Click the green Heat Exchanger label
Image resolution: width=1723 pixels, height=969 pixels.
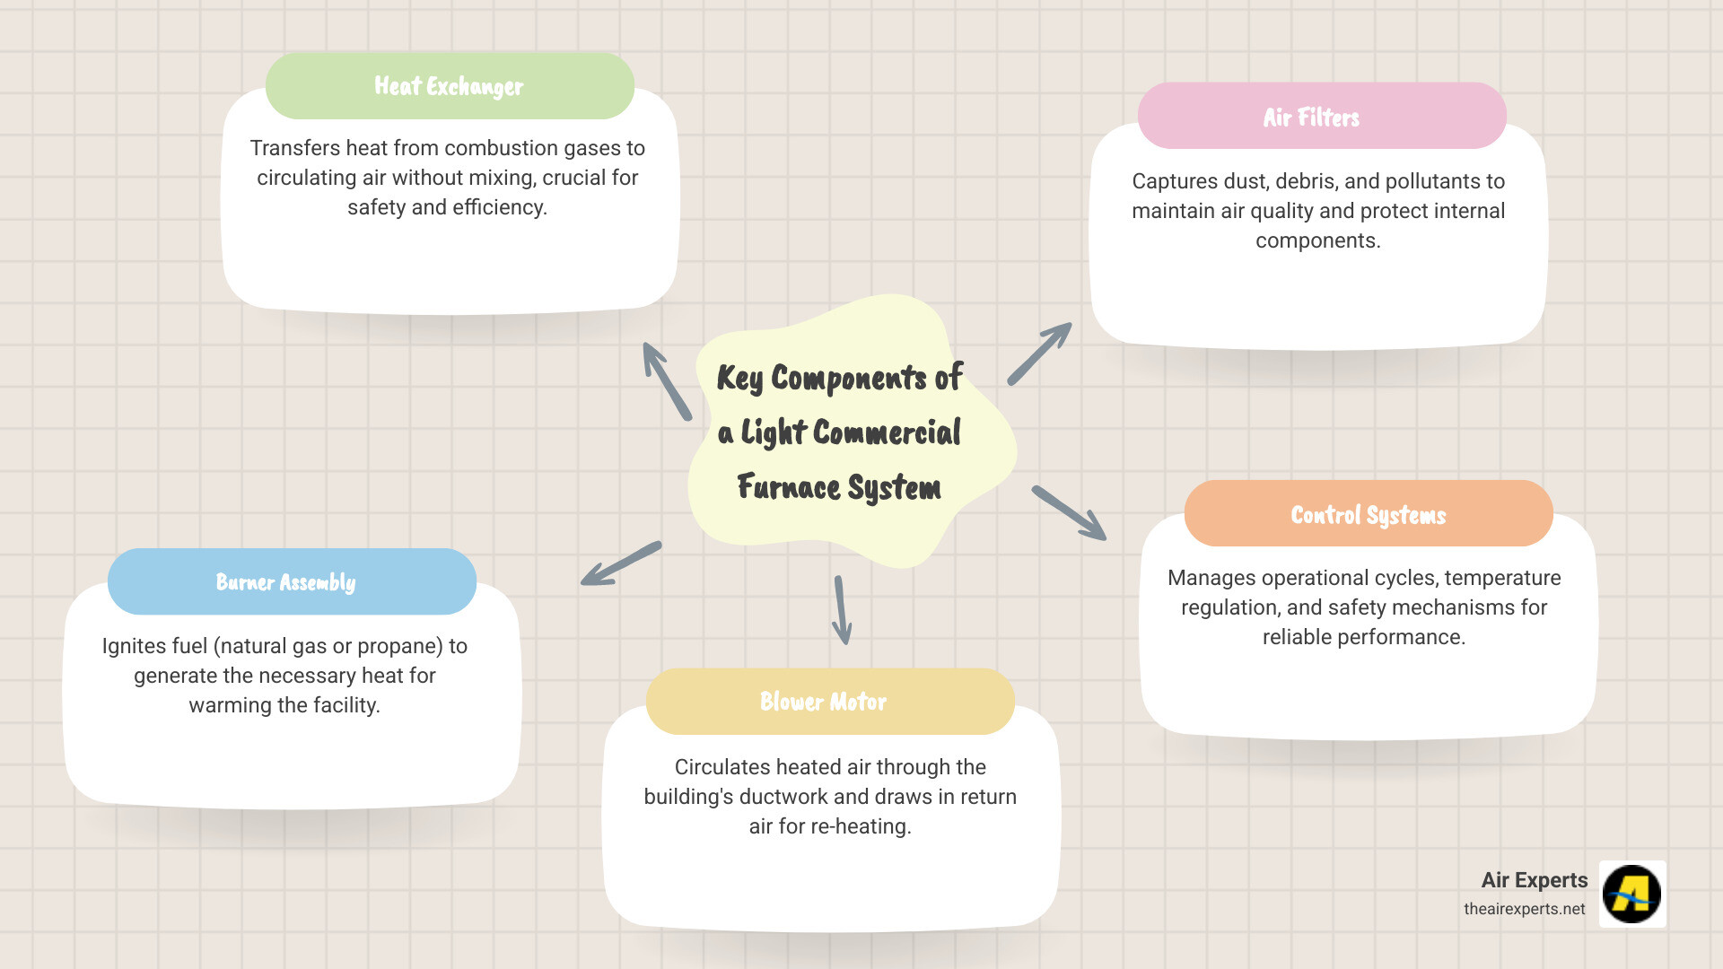click(x=450, y=86)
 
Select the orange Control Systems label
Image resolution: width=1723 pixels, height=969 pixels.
click(x=1369, y=514)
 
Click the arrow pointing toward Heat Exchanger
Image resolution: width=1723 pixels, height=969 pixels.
click(x=666, y=380)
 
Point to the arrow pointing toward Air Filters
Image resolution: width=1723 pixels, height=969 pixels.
click(x=1039, y=354)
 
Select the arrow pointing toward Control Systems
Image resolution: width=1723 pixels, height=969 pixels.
click(x=1069, y=512)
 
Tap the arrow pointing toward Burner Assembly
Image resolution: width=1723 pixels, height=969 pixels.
click(x=621, y=563)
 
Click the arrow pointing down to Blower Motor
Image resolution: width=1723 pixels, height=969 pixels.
click(x=842, y=610)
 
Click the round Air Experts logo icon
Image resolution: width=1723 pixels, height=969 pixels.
click(x=1631, y=894)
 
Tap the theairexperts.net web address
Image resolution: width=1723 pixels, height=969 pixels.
click(x=1524, y=909)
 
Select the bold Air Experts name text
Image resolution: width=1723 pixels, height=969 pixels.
click(x=1534, y=880)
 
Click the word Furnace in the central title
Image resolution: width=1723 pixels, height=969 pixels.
click(x=789, y=487)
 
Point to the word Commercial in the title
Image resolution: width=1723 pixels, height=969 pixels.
click(x=887, y=432)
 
